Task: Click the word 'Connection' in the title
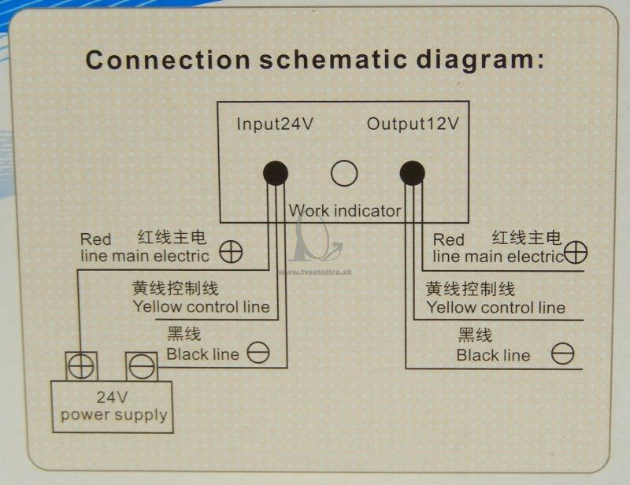[x=169, y=61]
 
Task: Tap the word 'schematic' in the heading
[x=333, y=61]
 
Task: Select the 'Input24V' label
[x=274, y=124]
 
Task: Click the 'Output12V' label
[x=413, y=124]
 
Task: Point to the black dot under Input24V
[x=276, y=173]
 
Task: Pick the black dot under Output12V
[x=412, y=173]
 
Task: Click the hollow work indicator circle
[x=344, y=173]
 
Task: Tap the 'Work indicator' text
[x=345, y=210]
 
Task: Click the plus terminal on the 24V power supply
[x=82, y=366]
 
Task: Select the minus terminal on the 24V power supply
[x=142, y=366]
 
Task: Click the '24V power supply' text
[x=113, y=405]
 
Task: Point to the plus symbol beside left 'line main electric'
[x=231, y=253]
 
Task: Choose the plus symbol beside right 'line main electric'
[x=576, y=253]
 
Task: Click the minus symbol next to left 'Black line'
[x=258, y=353]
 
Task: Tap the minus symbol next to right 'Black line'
[x=562, y=354]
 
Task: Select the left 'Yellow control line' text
[x=202, y=306]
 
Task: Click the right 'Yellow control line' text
[x=496, y=307]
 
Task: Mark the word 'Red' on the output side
[x=448, y=240]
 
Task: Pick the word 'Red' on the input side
[x=95, y=239]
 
